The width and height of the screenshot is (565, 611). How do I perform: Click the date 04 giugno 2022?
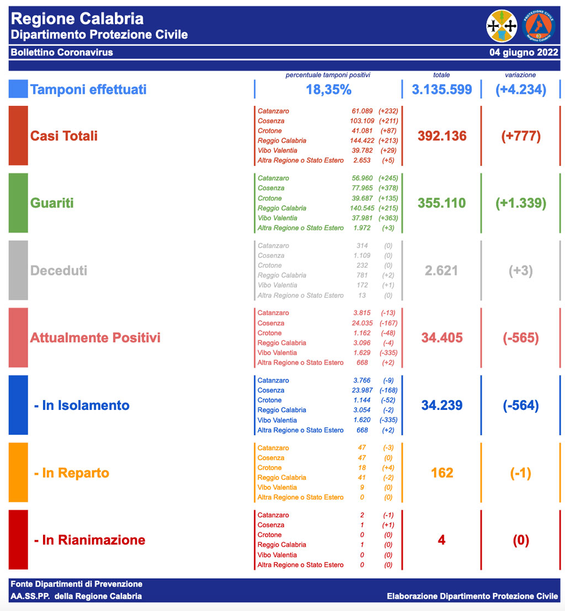pos(523,52)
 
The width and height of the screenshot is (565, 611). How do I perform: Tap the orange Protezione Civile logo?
pos(538,25)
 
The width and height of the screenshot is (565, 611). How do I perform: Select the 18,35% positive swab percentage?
pos(328,89)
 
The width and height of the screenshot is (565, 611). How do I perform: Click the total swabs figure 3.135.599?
pos(442,89)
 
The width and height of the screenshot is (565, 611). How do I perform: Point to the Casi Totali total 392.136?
pos(442,136)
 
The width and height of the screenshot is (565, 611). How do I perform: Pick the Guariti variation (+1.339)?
pos(521,203)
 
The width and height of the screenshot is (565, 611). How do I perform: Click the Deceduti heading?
pos(58,271)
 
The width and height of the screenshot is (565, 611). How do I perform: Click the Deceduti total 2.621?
pos(442,271)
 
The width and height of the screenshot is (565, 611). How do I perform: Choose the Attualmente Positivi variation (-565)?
pos(521,338)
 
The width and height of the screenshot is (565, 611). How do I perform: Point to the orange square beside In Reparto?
pos(18,473)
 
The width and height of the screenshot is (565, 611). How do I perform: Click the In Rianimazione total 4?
pos(441,540)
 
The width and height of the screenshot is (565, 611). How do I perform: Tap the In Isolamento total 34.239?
pos(442,405)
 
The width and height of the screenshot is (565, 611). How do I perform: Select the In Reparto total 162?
pos(442,473)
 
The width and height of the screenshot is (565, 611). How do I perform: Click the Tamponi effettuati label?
pos(88,89)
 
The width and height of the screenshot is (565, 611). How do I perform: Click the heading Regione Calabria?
pos(77,19)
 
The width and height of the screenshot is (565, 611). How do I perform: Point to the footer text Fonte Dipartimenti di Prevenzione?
pos(76,584)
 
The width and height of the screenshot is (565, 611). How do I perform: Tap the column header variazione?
pos(520,75)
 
